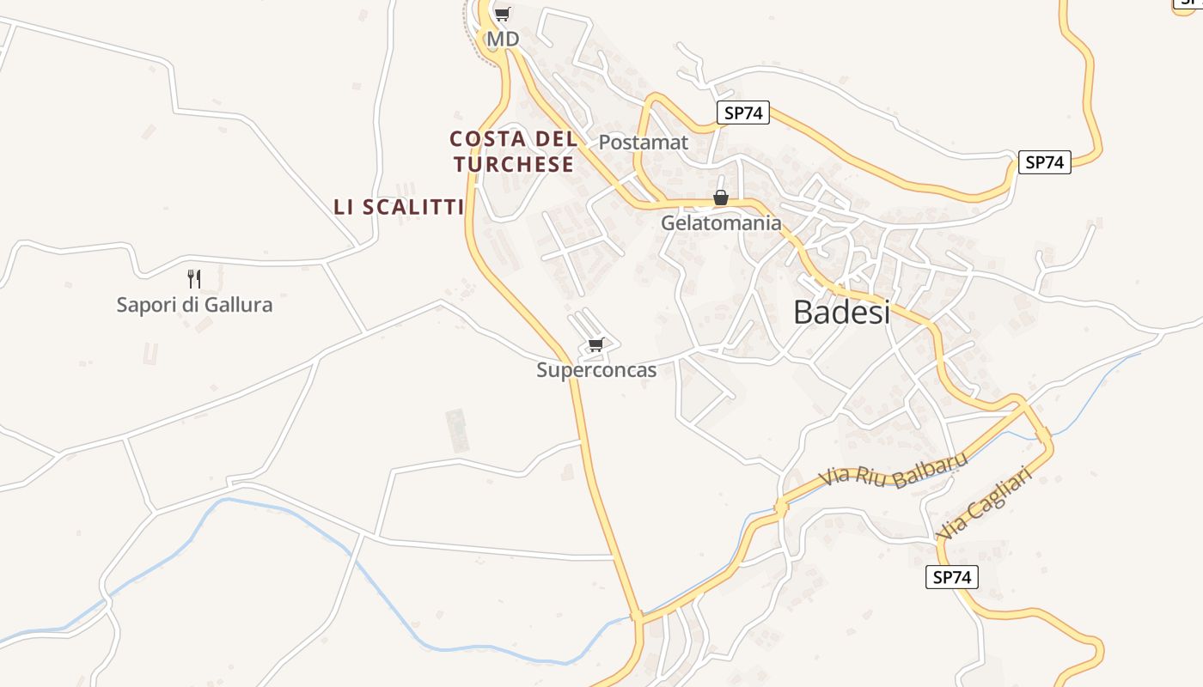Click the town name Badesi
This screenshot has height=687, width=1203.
coord(841,312)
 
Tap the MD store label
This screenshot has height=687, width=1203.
coord(503,40)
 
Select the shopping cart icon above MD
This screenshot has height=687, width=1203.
coord(503,14)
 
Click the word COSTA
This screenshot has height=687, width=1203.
coord(486,138)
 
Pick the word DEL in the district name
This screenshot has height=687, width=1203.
coord(556,138)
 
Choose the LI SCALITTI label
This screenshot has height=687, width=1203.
coord(399,207)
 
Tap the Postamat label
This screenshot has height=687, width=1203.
coord(643,143)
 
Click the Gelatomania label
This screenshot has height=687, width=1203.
coord(721,223)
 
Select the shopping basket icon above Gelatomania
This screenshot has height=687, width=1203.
coord(721,198)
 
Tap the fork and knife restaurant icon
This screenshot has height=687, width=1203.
coord(194,278)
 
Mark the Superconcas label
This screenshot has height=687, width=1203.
coord(596,370)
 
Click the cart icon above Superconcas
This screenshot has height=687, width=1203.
coord(595,345)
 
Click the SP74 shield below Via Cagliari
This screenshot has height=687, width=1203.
coord(951,577)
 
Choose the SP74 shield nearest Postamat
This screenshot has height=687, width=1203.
coord(742,112)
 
